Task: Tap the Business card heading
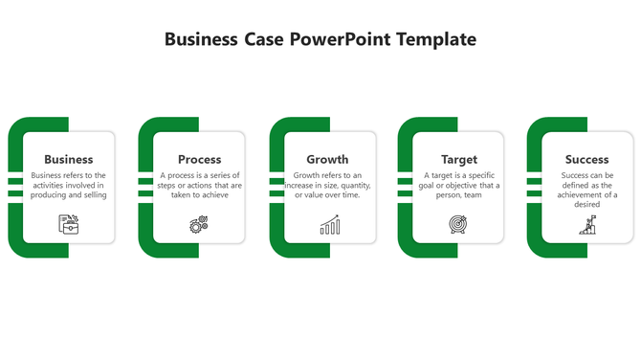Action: coord(69,159)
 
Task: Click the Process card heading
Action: coord(199,159)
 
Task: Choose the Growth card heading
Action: coord(327,159)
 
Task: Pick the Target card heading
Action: coord(458,159)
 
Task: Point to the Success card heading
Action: coord(586,159)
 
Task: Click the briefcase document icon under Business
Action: coord(69,224)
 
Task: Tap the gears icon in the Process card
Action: coord(199,225)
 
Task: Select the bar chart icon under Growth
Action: coord(329,225)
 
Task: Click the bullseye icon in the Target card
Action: coord(458,225)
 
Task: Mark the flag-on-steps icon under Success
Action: coord(586,225)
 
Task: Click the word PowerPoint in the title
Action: coord(343,39)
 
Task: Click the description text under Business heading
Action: coord(69,185)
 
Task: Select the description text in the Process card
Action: coord(201,185)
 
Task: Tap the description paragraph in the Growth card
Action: coord(327,185)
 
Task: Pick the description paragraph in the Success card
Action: coord(586,190)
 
